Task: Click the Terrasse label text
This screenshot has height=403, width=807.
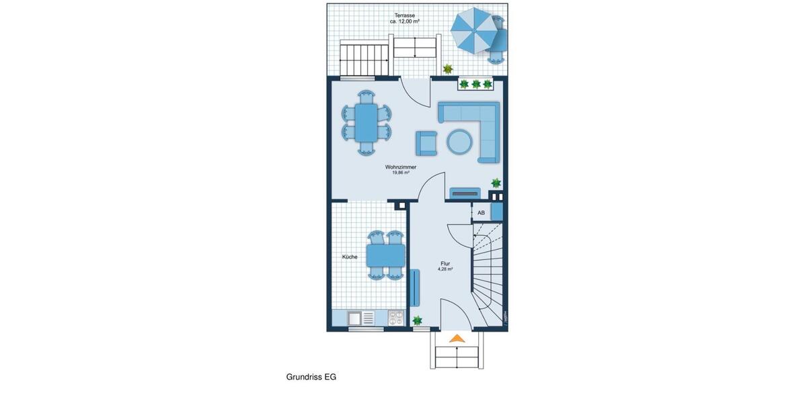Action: tap(405, 15)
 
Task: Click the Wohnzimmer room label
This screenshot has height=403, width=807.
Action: tap(401, 167)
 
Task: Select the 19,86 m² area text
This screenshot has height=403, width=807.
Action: tap(401, 173)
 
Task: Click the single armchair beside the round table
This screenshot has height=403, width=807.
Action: tap(426, 142)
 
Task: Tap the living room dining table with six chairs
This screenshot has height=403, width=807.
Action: tap(367, 123)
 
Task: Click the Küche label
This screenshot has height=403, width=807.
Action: tap(350, 257)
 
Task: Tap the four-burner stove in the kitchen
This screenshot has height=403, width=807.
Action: tap(396, 318)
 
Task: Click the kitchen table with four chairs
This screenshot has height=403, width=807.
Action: tap(385, 255)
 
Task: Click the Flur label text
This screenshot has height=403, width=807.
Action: tap(445, 263)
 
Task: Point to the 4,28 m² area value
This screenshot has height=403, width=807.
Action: tap(445, 269)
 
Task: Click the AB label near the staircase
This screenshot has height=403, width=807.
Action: tap(481, 213)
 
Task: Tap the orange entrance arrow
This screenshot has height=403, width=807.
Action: tap(457, 339)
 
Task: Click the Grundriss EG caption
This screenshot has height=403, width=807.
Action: tap(311, 377)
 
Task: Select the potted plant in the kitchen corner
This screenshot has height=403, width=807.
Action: tap(418, 320)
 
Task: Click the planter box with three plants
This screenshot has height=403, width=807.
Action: tap(476, 84)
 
